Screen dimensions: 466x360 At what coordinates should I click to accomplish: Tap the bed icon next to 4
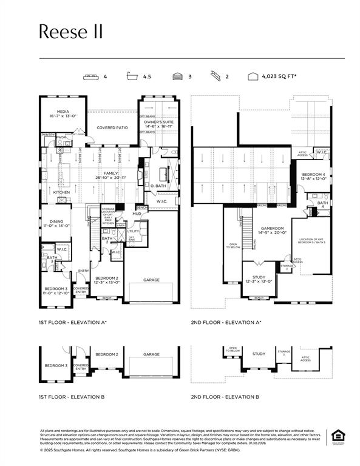[92, 77]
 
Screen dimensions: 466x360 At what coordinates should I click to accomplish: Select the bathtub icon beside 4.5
[132, 77]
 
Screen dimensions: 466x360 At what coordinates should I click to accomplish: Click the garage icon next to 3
[177, 77]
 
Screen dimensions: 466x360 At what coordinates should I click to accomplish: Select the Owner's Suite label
[159, 124]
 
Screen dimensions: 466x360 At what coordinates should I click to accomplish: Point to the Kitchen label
[61, 192]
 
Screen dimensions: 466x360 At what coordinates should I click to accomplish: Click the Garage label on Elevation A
[151, 280]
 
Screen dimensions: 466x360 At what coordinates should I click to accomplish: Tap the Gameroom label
[273, 230]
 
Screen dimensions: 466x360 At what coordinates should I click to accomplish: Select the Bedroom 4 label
[314, 177]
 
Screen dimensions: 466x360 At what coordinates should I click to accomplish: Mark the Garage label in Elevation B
[151, 354]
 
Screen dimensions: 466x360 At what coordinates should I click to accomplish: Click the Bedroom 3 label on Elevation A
[55, 290]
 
